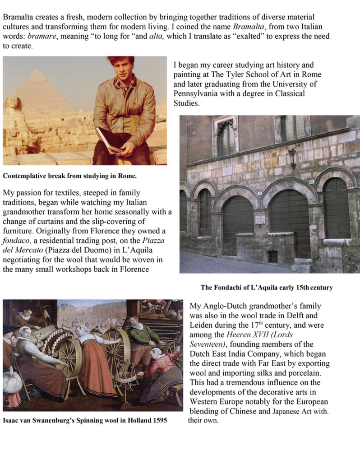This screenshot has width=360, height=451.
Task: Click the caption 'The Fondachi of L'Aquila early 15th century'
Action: (x=266, y=287)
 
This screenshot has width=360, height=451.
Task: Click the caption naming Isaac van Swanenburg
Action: (x=85, y=420)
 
